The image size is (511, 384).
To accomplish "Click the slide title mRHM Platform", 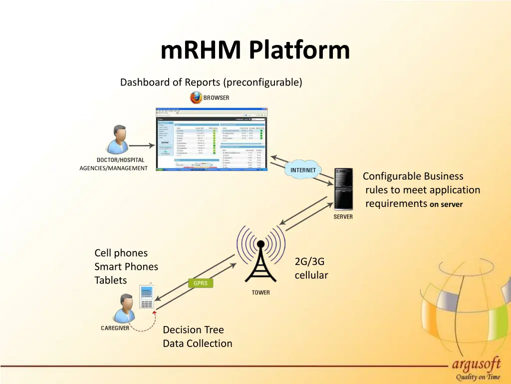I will click(x=255, y=50).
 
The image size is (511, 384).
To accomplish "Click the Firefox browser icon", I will click(x=196, y=97).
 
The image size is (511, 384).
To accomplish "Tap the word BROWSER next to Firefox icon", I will click(x=217, y=98).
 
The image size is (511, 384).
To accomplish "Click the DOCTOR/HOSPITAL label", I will click(x=120, y=160).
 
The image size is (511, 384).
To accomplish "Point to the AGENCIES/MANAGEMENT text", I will click(x=113, y=168).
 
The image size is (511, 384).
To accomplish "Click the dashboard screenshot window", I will click(x=212, y=139).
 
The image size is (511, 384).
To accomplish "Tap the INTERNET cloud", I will click(x=303, y=170).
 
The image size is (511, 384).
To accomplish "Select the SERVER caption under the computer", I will click(x=343, y=217).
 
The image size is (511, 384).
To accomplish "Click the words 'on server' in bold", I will click(x=447, y=204).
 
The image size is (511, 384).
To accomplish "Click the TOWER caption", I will click(x=260, y=292).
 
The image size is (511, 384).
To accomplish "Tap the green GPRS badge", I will click(x=201, y=283).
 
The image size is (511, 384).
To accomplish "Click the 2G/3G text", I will click(x=309, y=261).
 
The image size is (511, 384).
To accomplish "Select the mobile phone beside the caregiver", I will click(x=147, y=297).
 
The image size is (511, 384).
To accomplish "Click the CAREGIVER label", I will click(x=115, y=328).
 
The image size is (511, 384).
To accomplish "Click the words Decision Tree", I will click(x=193, y=330).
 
